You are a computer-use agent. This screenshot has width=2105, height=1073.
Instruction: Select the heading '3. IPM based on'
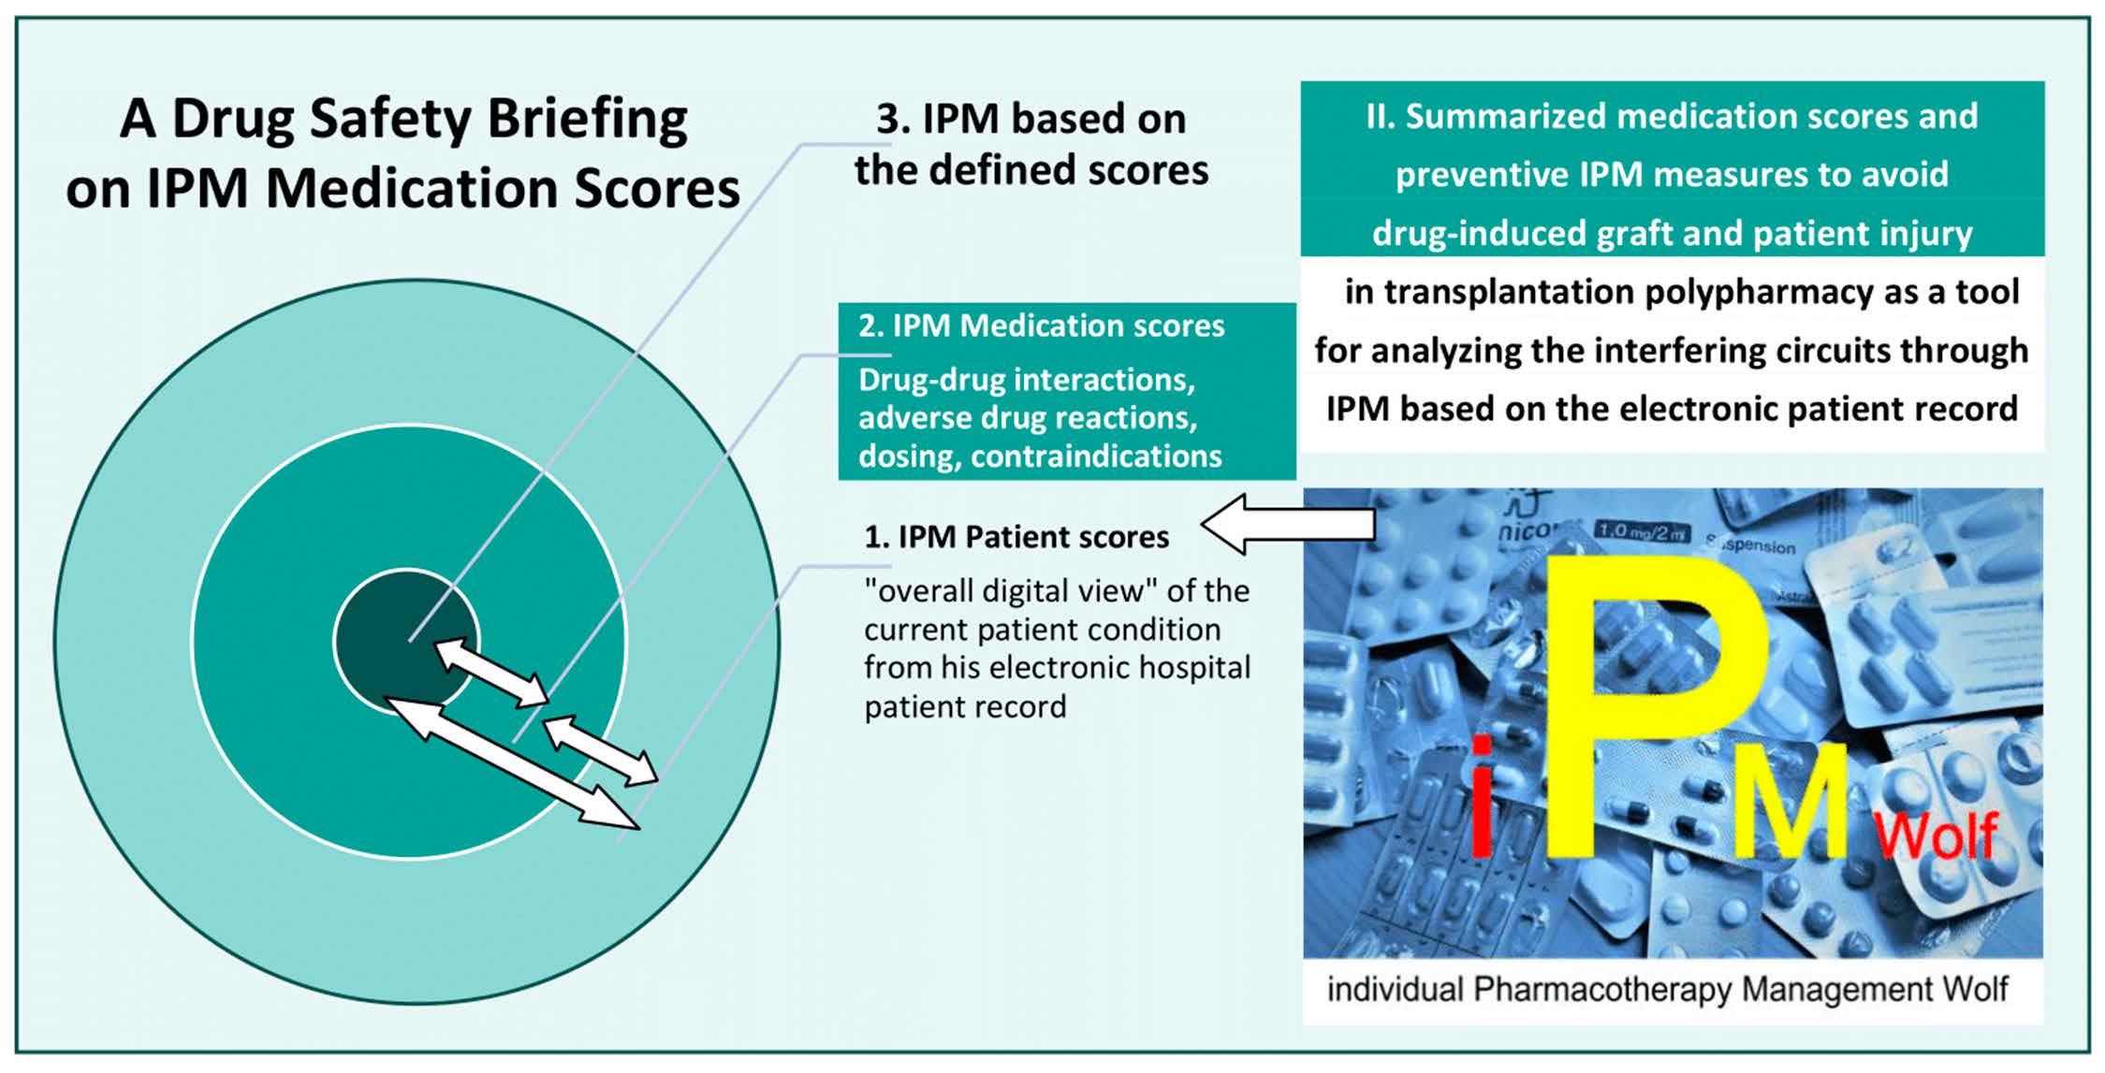tap(1031, 119)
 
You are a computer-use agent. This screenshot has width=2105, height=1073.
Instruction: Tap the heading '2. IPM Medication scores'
tap(1041, 326)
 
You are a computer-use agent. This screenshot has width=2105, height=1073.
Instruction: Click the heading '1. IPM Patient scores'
tap(1016, 537)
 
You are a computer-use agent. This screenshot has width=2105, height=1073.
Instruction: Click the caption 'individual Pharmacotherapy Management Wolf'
tap(1667, 989)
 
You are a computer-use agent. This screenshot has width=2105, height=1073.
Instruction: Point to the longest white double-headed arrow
tap(513, 762)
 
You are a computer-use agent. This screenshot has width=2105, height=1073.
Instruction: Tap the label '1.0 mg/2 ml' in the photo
tap(1642, 531)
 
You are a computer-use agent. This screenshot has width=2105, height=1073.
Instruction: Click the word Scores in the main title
tap(656, 189)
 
